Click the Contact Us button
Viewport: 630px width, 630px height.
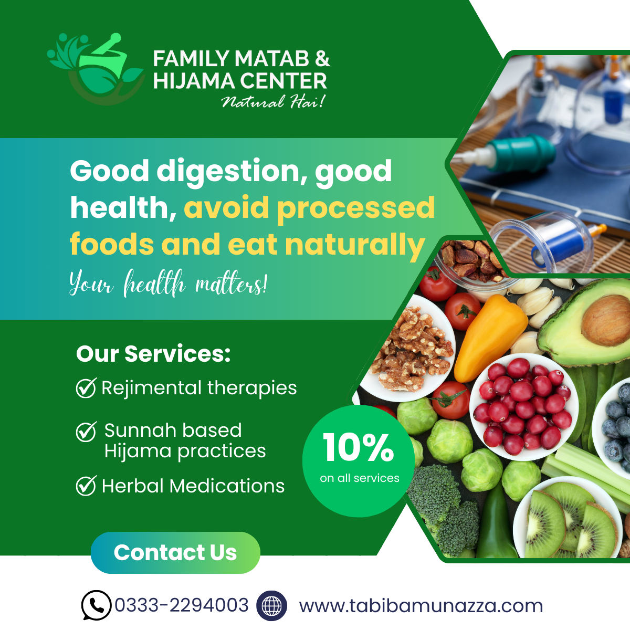pos(175,552)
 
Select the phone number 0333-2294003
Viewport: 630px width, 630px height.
pos(182,605)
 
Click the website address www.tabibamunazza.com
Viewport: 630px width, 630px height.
pos(421,605)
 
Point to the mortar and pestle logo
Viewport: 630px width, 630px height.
pos(96,68)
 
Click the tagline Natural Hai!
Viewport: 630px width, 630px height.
pos(273,101)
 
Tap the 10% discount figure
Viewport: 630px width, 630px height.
pos(359,447)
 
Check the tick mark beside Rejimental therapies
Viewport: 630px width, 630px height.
pos(86,387)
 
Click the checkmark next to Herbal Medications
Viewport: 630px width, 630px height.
pos(86,486)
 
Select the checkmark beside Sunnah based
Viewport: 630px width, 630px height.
pos(86,431)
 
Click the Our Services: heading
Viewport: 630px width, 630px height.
pos(153,354)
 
